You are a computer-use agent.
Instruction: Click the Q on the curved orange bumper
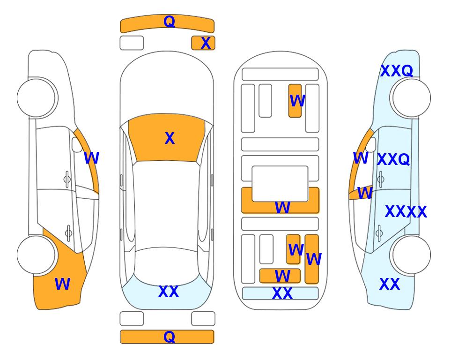[169, 22]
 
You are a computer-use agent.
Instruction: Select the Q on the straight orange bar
[169, 337]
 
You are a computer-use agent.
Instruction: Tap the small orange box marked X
[203, 43]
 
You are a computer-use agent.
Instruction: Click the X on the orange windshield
[170, 138]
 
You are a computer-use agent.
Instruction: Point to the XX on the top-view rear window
[169, 292]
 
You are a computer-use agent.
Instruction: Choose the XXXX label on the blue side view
[406, 212]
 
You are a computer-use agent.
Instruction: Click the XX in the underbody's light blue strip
[282, 293]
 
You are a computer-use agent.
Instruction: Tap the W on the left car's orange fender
[62, 284]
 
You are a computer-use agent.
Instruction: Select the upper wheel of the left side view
[36, 98]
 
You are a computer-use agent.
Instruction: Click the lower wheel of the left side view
[36, 255]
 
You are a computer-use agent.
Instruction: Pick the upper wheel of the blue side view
[412, 98]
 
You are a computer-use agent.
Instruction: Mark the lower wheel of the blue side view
[412, 255]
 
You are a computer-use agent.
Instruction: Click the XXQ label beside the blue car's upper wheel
[397, 71]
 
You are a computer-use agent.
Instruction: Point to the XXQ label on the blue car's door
[393, 159]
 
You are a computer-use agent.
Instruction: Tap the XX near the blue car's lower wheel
[390, 284]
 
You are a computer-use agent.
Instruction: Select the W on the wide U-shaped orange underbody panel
[282, 207]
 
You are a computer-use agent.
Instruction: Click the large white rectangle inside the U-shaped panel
[280, 184]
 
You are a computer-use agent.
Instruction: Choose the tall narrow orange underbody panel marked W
[312, 259]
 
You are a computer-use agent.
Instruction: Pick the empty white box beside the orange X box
[132, 43]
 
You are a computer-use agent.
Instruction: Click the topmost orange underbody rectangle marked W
[295, 101]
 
